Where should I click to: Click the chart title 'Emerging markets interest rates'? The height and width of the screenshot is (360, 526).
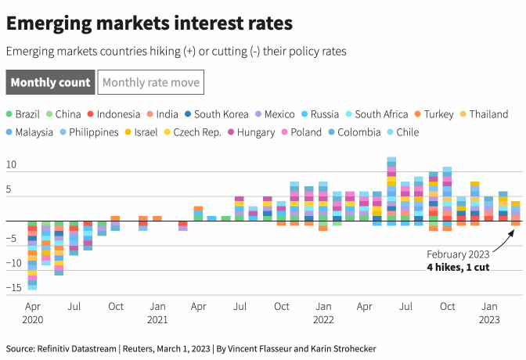point(150,23)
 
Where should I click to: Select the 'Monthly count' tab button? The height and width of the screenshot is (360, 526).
point(50,82)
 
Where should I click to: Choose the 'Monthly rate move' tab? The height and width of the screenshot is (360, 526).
point(150,82)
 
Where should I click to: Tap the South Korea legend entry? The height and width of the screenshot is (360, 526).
point(221,114)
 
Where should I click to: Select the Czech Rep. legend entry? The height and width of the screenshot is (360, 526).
point(197,132)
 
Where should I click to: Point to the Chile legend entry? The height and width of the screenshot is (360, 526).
point(408,132)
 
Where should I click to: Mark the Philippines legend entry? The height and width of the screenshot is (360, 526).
point(93,132)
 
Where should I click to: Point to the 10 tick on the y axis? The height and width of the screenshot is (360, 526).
point(12,165)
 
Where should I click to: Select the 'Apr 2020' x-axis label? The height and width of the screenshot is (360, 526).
point(32,312)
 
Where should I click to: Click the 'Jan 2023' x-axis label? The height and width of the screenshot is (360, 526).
point(488,312)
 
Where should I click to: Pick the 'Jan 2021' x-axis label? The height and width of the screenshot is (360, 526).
point(157,312)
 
